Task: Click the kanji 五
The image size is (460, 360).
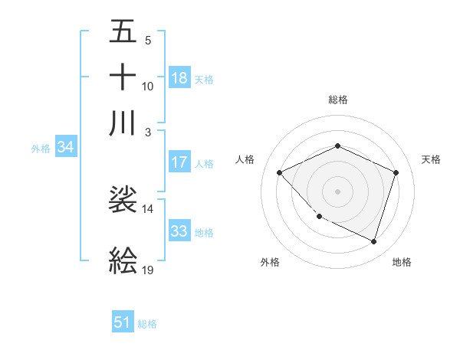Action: coord(123,33)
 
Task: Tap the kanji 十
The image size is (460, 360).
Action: coord(123,77)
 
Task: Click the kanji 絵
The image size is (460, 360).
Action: coord(123,261)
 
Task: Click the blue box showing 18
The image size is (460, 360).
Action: coord(179,77)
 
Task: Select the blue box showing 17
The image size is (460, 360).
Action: coord(179,162)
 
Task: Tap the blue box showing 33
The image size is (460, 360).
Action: coord(179,231)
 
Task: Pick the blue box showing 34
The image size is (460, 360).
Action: coord(66,148)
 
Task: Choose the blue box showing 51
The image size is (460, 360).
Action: coord(123,322)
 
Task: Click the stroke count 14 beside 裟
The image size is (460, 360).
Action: coord(147,208)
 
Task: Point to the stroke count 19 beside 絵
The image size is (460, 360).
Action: coord(148,270)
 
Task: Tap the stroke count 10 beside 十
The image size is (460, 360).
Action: coord(147,87)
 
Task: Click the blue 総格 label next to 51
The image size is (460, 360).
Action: coord(147,324)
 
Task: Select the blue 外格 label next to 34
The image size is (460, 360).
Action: coord(41,149)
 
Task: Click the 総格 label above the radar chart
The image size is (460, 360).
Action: coord(337,100)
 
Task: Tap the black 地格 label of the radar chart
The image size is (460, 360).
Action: coord(402,262)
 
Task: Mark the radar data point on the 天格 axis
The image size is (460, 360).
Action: coord(396,172)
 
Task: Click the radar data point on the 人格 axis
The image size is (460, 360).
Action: coord(280,172)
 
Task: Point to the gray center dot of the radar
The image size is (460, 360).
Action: coord(337,191)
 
